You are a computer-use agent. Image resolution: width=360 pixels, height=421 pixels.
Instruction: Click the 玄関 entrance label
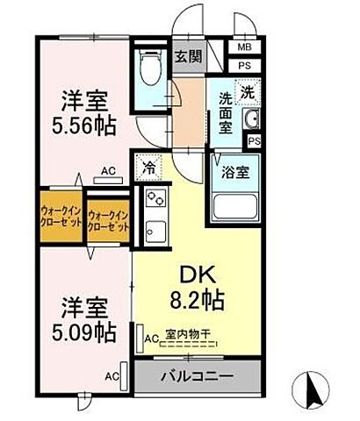186,58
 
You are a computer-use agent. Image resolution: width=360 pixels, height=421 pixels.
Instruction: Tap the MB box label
241,49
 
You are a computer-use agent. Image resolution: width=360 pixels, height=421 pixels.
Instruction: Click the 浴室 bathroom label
234,171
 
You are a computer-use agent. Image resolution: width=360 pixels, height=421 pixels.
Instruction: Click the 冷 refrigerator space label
149,165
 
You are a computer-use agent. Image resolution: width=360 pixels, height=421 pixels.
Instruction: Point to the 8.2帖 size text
198,298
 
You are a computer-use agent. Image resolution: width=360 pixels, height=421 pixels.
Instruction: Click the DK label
198,274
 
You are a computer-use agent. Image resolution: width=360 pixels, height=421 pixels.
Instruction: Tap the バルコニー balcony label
197,379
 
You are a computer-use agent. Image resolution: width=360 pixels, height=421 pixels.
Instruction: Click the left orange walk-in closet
61,218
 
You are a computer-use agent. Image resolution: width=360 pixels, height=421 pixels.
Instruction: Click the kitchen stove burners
155,197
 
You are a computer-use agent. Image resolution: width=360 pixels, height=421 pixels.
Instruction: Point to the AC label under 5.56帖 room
108,171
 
